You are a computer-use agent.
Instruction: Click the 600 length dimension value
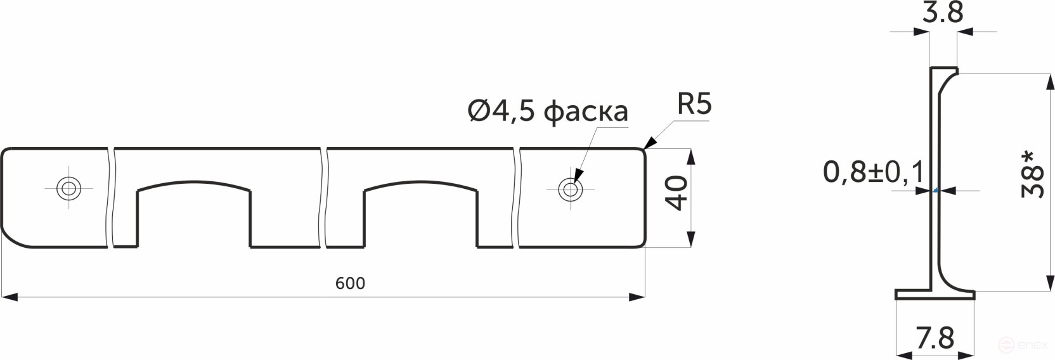pyautogui.click(x=350, y=283)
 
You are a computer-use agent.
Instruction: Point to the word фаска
pyautogui.click(x=586, y=112)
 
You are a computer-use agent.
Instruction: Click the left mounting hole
pyautogui.click(x=68, y=188)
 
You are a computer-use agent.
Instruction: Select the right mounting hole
pyautogui.click(x=570, y=188)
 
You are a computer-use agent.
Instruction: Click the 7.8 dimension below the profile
pyautogui.click(x=935, y=338)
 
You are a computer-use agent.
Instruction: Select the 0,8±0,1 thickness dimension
pyautogui.click(x=873, y=172)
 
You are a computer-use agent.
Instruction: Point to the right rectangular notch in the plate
pyautogui.click(x=421, y=215)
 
